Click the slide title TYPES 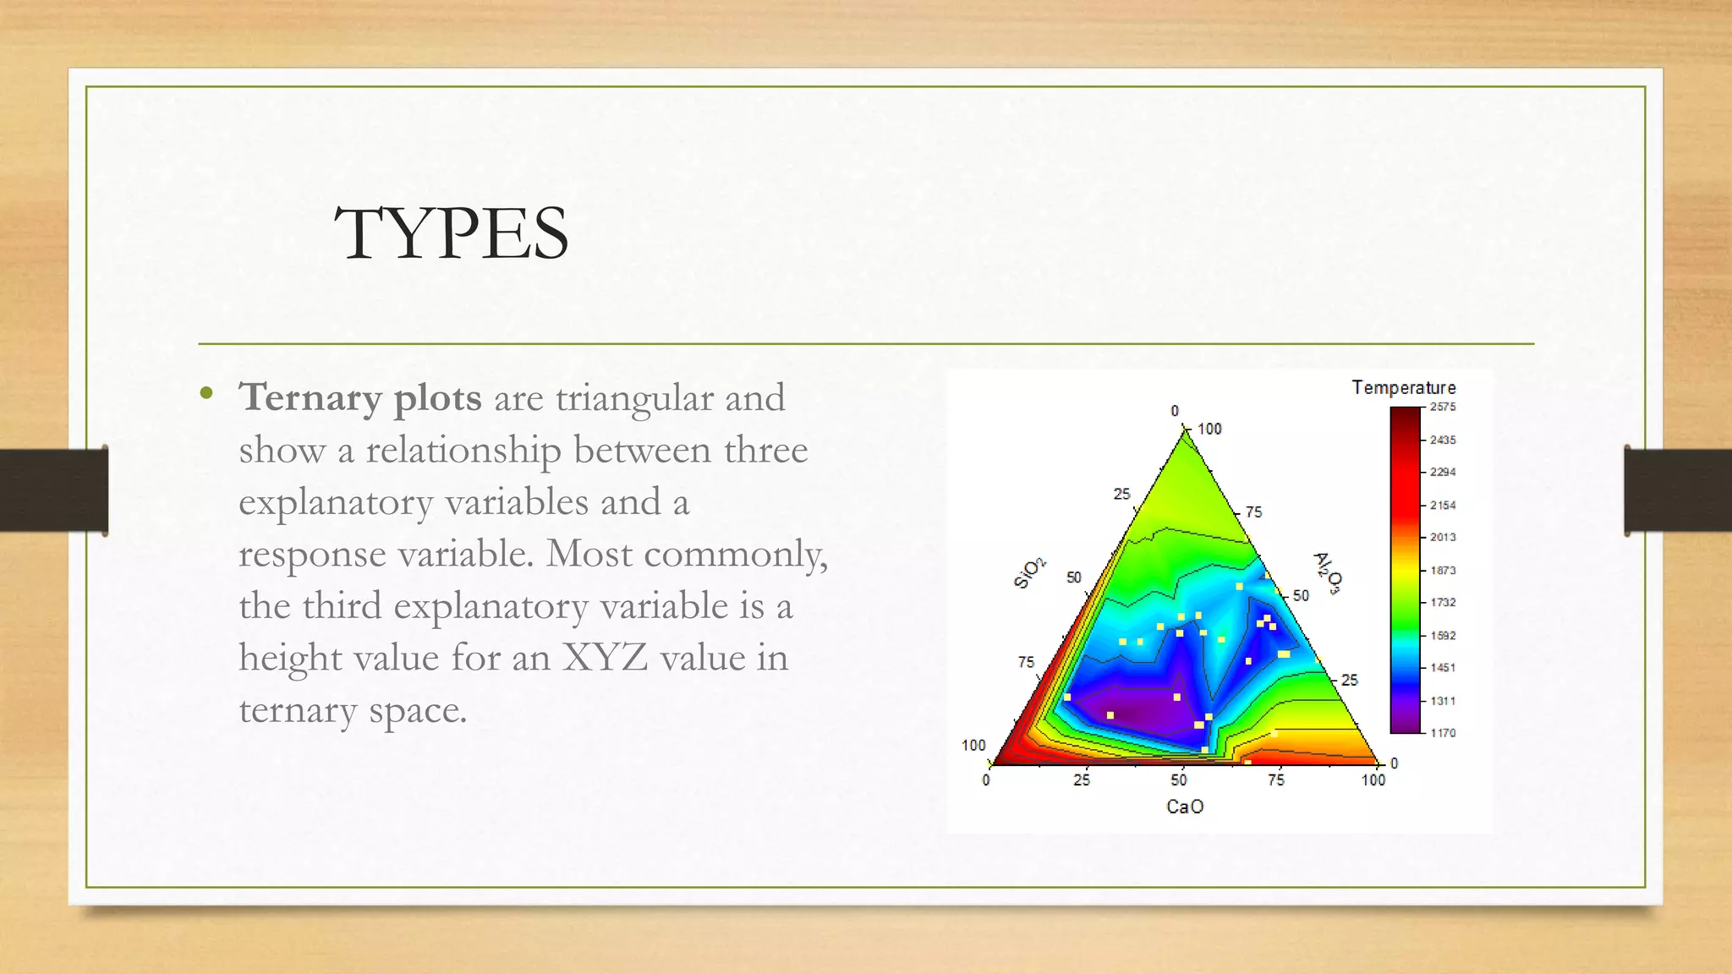point(452,234)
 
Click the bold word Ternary point(310,397)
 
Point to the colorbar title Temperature point(1403,388)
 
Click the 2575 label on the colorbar point(1443,407)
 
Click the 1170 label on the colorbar point(1443,733)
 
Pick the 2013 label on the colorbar point(1443,537)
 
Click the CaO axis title point(1184,807)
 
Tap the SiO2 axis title point(1029,573)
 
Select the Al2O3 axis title point(1327,573)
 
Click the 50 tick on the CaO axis point(1179,780)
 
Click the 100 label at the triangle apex point(1209,429)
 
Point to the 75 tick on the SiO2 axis point(1026,662)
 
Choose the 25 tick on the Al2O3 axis point(1350,680)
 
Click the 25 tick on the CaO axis point(1082,780)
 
